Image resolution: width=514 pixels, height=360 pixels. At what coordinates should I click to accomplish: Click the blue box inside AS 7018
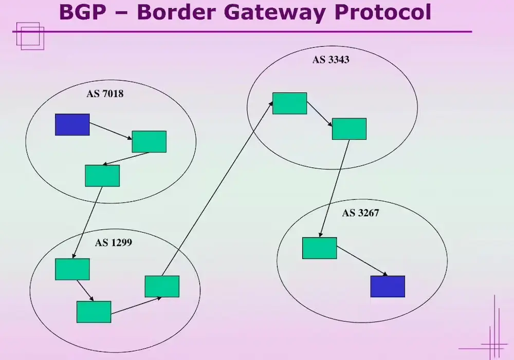pos(72,125)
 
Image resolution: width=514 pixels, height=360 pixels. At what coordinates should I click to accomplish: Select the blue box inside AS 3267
pos(388,286)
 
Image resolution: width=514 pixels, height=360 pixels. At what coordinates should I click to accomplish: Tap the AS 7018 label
pos(105,94)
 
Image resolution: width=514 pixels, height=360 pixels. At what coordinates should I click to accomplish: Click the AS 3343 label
pos(331,60)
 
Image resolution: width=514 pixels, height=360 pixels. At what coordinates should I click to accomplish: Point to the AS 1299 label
pos(113,242)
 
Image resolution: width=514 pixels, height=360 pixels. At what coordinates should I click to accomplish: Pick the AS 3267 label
pos(360,213)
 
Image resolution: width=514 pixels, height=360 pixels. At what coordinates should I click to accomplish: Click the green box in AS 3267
pos(319,248)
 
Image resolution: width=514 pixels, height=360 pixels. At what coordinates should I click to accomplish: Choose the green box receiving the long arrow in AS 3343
pos(289,103)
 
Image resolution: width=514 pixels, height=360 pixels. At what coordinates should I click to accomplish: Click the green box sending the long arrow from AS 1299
pos(162,287)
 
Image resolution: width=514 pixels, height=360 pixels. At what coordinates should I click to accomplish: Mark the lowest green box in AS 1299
pos(94,312)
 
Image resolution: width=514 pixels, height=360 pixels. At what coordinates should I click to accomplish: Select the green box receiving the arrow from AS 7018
pos(72,269)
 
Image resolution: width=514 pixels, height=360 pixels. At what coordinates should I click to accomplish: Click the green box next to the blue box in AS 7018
pos(149,142)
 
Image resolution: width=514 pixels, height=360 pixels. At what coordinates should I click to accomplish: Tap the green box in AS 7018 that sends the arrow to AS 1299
pos(102,176)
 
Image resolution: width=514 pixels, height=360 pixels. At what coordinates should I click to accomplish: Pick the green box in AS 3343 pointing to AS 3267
pos(349,129)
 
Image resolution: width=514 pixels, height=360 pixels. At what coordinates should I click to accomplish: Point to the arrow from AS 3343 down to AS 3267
pos(335,187)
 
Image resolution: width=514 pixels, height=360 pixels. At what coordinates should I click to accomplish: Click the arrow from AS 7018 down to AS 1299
pos(88,222)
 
